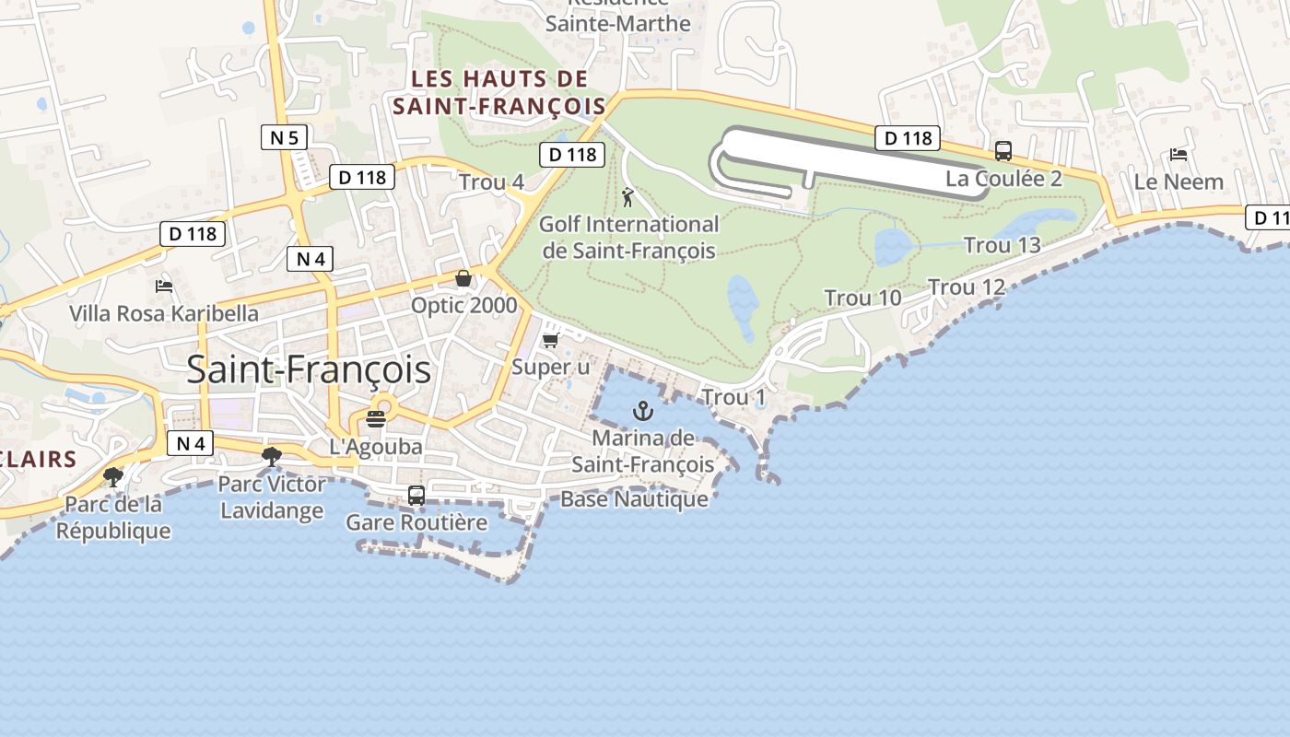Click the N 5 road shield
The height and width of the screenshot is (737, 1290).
click(283, 138)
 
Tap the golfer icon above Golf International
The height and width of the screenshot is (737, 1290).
click(627, 197)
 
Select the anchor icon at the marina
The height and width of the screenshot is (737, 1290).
click(642, 411)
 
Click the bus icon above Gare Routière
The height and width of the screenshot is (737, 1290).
click(416, 496)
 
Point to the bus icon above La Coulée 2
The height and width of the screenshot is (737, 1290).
click(1003, 151)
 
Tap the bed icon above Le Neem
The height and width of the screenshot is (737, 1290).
click(1178, 155)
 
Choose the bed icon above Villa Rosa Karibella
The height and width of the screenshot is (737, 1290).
click(164, 287)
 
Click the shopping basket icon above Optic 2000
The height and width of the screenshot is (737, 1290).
click(463, 278)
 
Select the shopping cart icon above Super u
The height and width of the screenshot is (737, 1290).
click(550, 341)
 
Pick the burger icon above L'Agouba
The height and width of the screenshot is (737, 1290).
click(376, 419)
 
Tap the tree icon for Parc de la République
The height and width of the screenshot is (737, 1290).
click(113, 476)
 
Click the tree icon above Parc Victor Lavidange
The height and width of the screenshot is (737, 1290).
click(272, 456)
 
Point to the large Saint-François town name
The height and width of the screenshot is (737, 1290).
click(309, 369)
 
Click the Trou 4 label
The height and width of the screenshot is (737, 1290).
click(491, 182)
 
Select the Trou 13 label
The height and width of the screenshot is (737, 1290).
click(1002, 245)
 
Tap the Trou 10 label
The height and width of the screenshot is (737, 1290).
click(862, 298)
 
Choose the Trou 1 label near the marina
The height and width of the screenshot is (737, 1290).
click(733, 398)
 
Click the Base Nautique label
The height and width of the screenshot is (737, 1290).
click(635, 499)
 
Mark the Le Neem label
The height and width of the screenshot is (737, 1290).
click(1179, 181)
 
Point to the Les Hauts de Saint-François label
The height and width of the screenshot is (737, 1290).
click(499, 92)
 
